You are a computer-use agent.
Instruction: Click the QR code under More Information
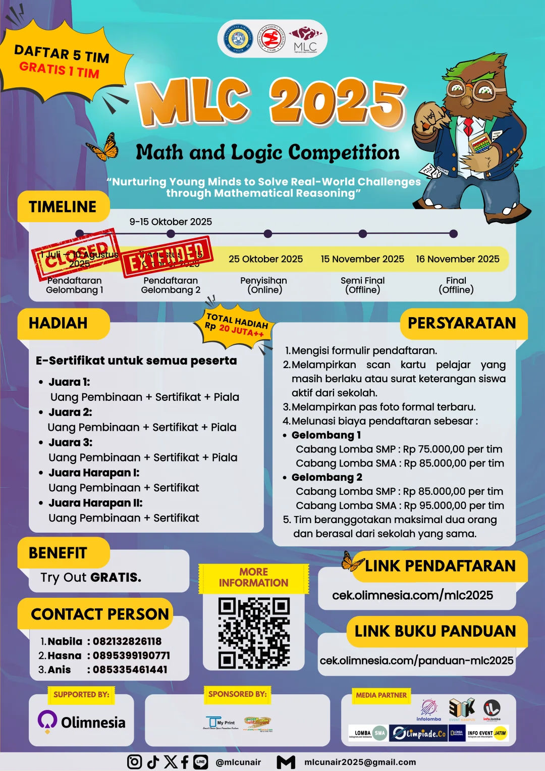253,633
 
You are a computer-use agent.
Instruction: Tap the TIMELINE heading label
63,207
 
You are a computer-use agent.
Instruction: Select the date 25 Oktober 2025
265,259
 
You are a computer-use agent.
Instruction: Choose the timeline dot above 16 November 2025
453,234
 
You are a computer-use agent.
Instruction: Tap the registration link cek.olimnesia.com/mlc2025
412,595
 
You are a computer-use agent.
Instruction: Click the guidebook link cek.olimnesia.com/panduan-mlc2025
416,660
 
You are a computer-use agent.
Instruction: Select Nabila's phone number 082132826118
127,641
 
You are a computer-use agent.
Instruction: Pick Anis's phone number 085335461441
130,670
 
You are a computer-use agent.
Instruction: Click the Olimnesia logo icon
47,722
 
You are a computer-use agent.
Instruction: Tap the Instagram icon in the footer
134,762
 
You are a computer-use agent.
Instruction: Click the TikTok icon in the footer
153,762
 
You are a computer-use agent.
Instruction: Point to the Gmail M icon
286,762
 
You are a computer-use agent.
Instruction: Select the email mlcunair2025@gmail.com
360,762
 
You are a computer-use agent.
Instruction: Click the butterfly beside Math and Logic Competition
104,147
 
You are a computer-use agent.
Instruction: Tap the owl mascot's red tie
468,125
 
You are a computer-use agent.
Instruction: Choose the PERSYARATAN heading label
462,323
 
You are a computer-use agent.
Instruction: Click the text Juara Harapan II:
95,503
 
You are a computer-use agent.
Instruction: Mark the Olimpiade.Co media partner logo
418,733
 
